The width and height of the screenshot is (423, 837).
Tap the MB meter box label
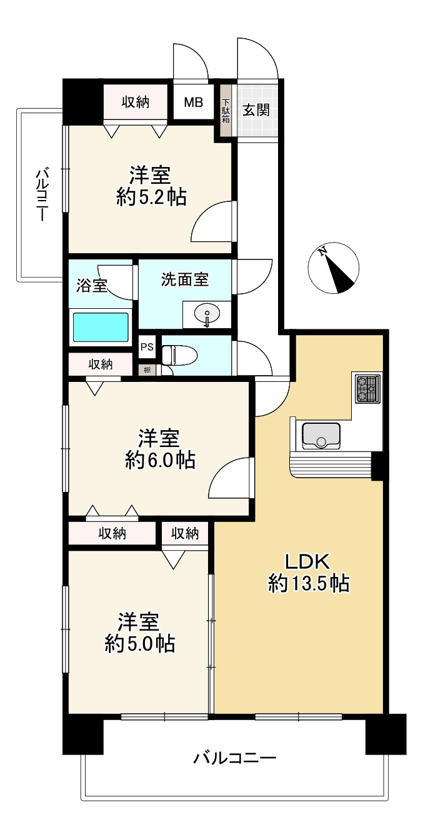click(193, 103)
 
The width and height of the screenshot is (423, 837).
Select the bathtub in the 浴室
click(101, 328)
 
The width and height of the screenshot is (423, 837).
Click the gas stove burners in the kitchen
click(367, 389)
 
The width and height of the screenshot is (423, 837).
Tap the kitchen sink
click(321, 436)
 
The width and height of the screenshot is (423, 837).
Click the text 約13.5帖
click(308, 584)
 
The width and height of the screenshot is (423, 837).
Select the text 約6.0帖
click(160, 461)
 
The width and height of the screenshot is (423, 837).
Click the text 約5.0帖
click(140, 644)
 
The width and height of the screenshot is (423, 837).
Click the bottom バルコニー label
click(234, 759)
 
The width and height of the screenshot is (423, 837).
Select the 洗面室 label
click(185, 280)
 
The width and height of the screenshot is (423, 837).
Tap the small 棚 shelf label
click(147, 369)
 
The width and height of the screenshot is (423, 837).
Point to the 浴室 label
click(92, 286)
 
